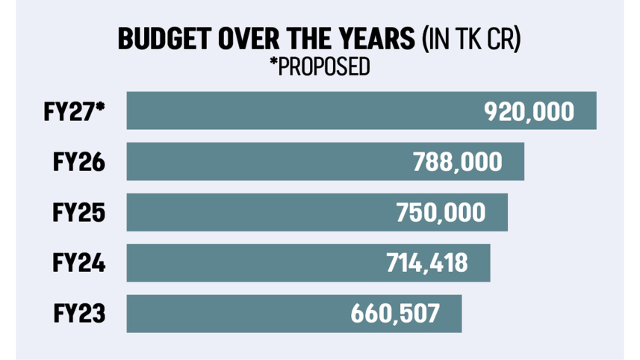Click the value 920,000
click(529, 111)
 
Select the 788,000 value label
click(458, 162)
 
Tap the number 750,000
click(441, 213)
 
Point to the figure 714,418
click(426, 263)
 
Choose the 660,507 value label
click(396, 314)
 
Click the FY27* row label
click(74, 111)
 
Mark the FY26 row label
click(79, 162)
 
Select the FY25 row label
click(79, 213)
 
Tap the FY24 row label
click(79, 263)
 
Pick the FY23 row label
click(79, 314)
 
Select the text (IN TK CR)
click(470, 40)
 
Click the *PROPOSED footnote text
click(320, 67)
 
